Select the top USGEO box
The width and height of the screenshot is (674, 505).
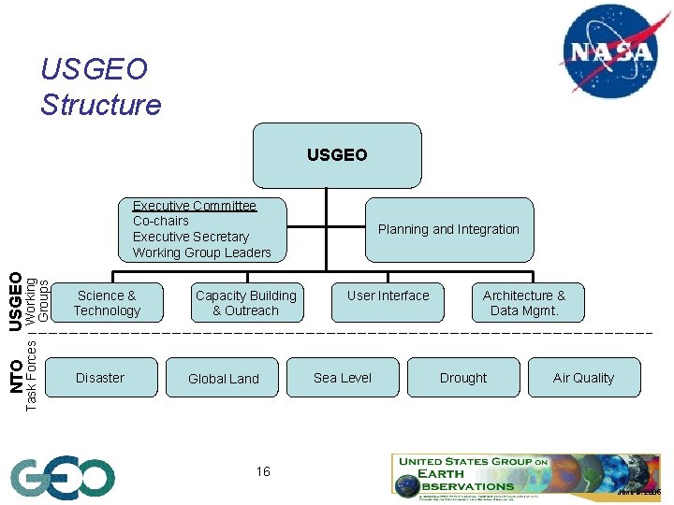337,155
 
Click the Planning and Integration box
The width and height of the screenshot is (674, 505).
448,229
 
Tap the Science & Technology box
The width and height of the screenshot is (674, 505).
106,303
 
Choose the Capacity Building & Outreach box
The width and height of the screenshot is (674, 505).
245,303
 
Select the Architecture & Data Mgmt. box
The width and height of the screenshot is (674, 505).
524,303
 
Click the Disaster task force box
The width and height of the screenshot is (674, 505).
100,378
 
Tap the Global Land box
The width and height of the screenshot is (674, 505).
223,378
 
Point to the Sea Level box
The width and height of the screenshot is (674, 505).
343,378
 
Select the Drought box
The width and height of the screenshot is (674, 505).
463,378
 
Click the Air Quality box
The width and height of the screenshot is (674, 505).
583,378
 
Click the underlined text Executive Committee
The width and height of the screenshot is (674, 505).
194,206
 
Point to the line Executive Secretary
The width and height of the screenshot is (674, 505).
191,237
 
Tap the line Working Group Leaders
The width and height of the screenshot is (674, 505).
201,252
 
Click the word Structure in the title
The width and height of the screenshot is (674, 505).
101,104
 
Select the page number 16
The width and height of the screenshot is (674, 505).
263,471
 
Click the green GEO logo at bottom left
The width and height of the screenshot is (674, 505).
63,478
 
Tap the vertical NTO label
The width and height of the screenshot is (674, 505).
16,376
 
